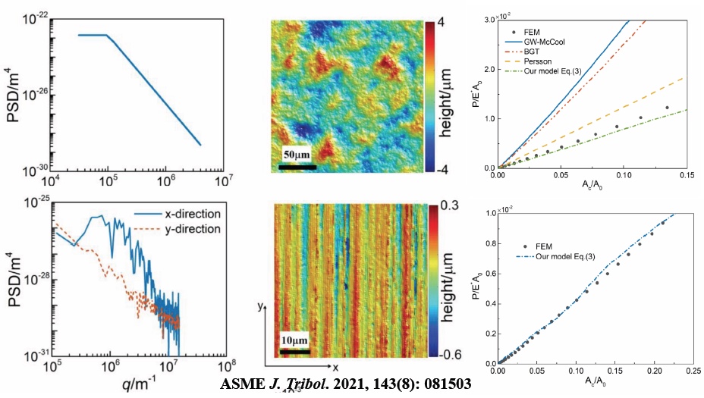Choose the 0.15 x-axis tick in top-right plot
point(684,176)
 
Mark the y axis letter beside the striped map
point(259,306)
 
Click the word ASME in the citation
point(240,384)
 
